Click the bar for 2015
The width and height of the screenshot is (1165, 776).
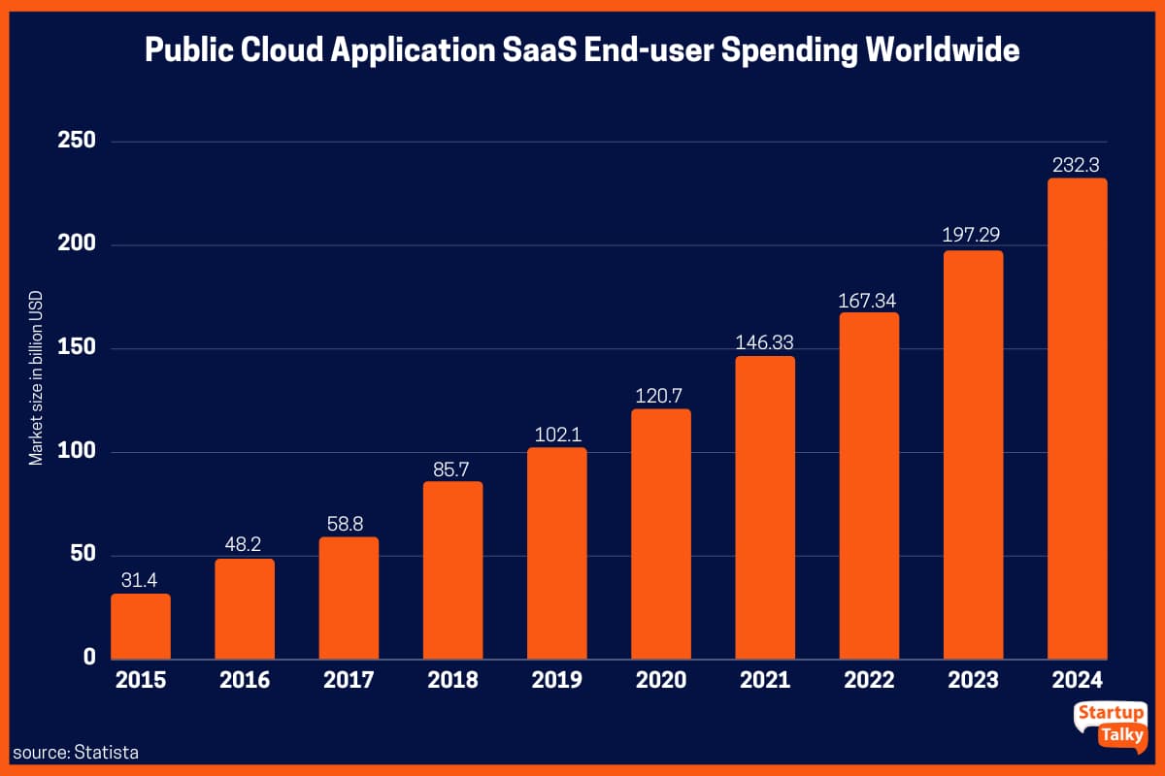[x=141, y=626]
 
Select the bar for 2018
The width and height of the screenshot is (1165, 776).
[x=453, y=569]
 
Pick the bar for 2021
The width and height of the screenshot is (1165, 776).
[x=765, y=506]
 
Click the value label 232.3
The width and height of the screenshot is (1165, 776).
[x=1077, y=165]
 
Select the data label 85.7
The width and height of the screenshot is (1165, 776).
[x=453, y=468]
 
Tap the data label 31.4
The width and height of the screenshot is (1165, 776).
[x=141, y=580]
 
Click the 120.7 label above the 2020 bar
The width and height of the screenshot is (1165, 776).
[x=661, y=395]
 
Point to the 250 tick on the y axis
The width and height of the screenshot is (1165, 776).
[x=77, y=142]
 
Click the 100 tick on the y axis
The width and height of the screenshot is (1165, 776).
[x=77, y=452]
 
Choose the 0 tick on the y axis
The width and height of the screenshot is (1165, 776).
[x=89, y=658]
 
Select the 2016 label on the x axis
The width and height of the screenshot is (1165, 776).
[x=245, y=680]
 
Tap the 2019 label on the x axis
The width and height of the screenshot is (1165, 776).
[x=557, y=680]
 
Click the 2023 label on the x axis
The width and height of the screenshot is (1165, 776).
[x=973, y=680]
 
